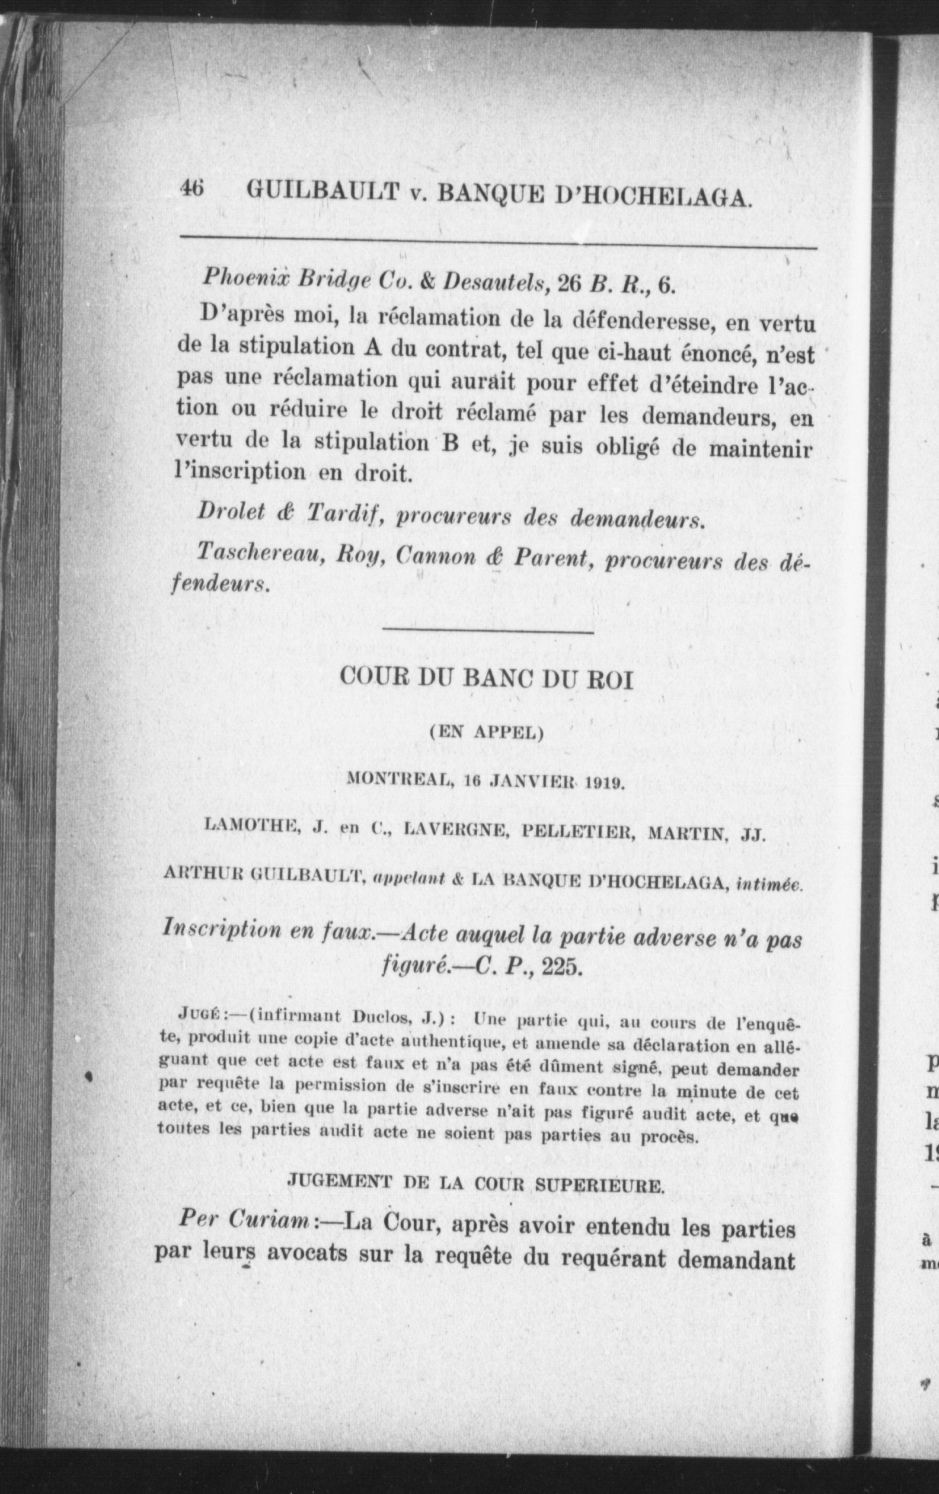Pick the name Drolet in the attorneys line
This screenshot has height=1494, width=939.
click(x=226, y=510)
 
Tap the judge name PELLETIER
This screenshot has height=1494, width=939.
click(x=576, y=833)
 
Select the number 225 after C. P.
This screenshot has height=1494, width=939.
click(x=562, y=968)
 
